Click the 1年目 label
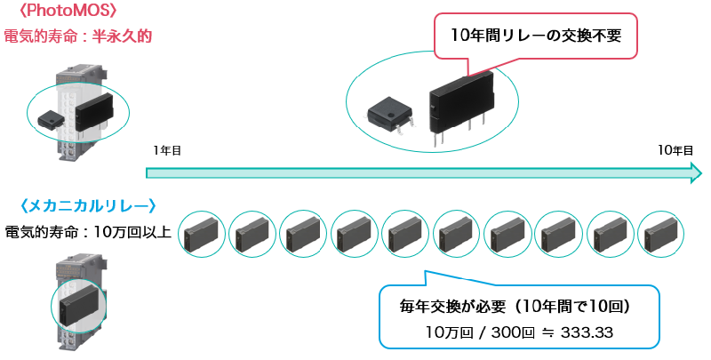point(167,151)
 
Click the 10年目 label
point(675,151)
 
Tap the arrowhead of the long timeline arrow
point(696,172)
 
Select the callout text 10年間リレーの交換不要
point(534,36)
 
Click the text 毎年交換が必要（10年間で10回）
point(515,307)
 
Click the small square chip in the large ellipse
point(388,114)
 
